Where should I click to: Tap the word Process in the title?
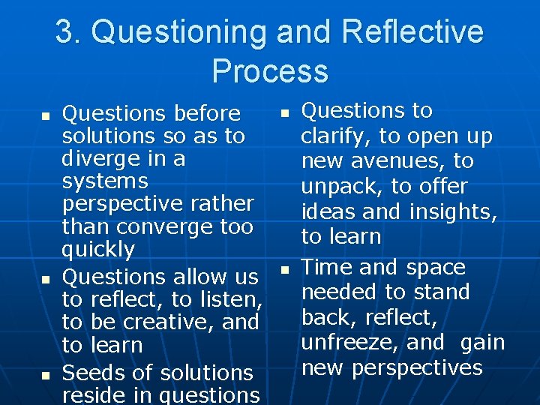[x=270, y=71]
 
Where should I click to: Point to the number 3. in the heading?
[x=69, y=32]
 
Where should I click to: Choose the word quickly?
[x=98, y=250]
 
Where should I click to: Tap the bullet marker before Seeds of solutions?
[x=46, y=373]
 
